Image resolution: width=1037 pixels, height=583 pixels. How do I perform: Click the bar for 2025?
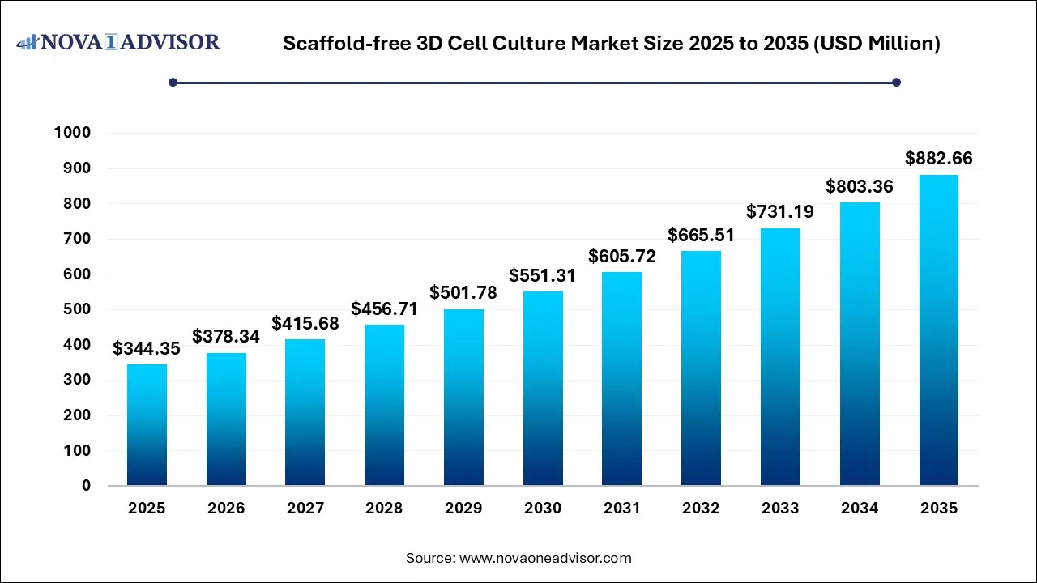click(x=147, y=425)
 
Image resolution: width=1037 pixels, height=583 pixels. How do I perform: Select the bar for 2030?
click(x=543, y=389)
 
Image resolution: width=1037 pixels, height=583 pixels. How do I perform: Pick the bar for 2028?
click(x=384, y=405)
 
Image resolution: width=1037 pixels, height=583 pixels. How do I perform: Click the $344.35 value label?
click(x=147, y=349)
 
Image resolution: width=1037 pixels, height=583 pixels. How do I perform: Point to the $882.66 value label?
click(x=939, y=159)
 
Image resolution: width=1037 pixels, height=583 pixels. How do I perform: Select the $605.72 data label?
click(x=622, y=257)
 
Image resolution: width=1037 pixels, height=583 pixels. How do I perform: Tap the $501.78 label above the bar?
click(x=463, y=292)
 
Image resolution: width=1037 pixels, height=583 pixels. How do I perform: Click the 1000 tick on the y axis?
click(x=72, y=133)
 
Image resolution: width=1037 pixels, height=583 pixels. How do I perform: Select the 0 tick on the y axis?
click(x=85, y=486)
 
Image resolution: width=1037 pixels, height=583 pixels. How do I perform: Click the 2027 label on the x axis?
click(x=305, y=509)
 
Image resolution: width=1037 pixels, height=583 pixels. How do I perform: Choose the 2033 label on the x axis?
click(x=780, y=509)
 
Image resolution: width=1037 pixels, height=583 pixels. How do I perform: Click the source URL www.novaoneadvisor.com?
click(x=545, y=558)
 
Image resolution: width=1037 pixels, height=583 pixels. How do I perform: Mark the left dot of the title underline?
click(x=173, y=82)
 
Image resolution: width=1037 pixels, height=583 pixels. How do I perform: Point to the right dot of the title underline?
click(x=896, y=82)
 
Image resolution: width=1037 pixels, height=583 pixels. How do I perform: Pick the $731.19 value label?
click(x=780, y=212)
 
